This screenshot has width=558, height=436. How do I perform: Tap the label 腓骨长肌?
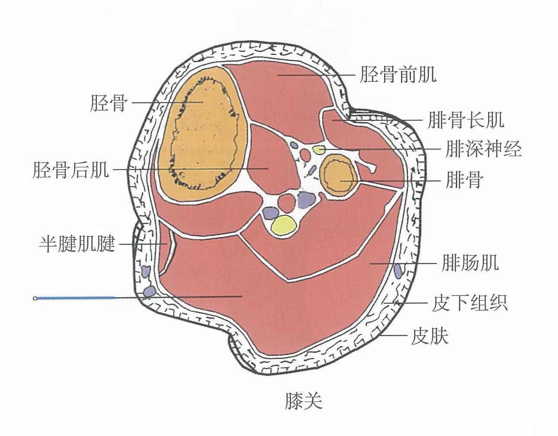click(x=466, y=120)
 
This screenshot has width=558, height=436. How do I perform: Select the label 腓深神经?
click(x=484, y=149)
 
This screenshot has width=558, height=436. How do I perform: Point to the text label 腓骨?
click(x=464, y=180)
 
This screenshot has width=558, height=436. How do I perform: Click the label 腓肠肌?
click(x=470, y=263)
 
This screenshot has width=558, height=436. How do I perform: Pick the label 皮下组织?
click(x=469, y=303)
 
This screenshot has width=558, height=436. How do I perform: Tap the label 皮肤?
click(x=430, y=336)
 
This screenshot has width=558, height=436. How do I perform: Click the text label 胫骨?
click(x=109, y=103)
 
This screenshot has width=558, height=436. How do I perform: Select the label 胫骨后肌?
click(x=71, y=170)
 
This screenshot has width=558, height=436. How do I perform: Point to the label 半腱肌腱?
click(x=77, y=244)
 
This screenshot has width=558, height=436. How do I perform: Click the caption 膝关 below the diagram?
click(x=303, y=401)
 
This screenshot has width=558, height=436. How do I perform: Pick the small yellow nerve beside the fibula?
click(x=319, y=150)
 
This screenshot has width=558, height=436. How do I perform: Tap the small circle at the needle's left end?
click(x=35, y=298)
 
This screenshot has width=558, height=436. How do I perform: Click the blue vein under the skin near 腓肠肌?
click(x=398, y=271)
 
